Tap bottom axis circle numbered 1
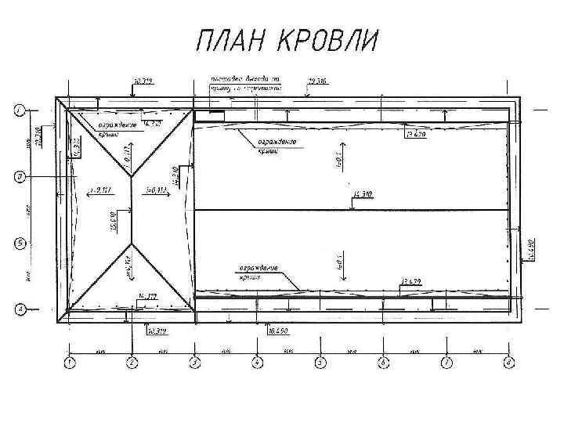[x=69, y=362]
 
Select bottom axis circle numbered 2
[x=132, y=362]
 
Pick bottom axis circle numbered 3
[x=194, y=362]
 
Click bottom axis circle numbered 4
[x=257, y=362]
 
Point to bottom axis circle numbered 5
[x=320, y=362]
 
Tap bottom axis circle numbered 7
[x=446, y=362]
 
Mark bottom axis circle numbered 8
[x=508, y=362]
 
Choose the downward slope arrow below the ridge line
[x=345, y=255]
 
